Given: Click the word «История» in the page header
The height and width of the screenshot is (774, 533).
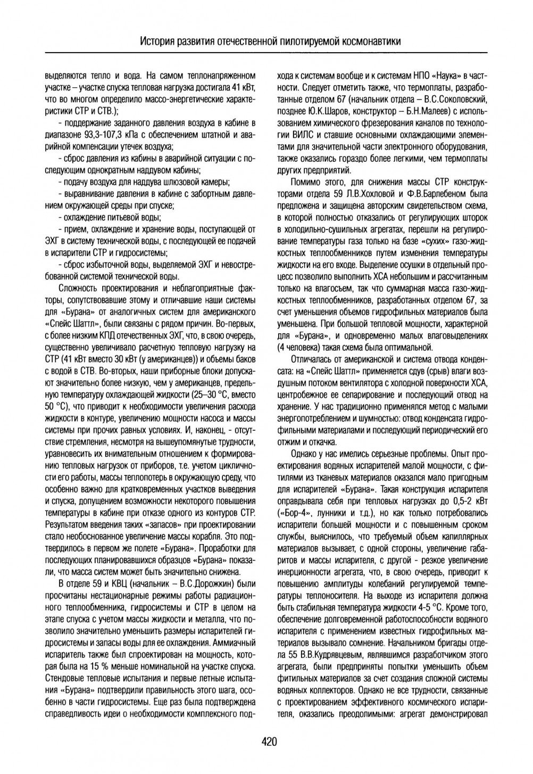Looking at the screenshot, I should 158,41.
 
